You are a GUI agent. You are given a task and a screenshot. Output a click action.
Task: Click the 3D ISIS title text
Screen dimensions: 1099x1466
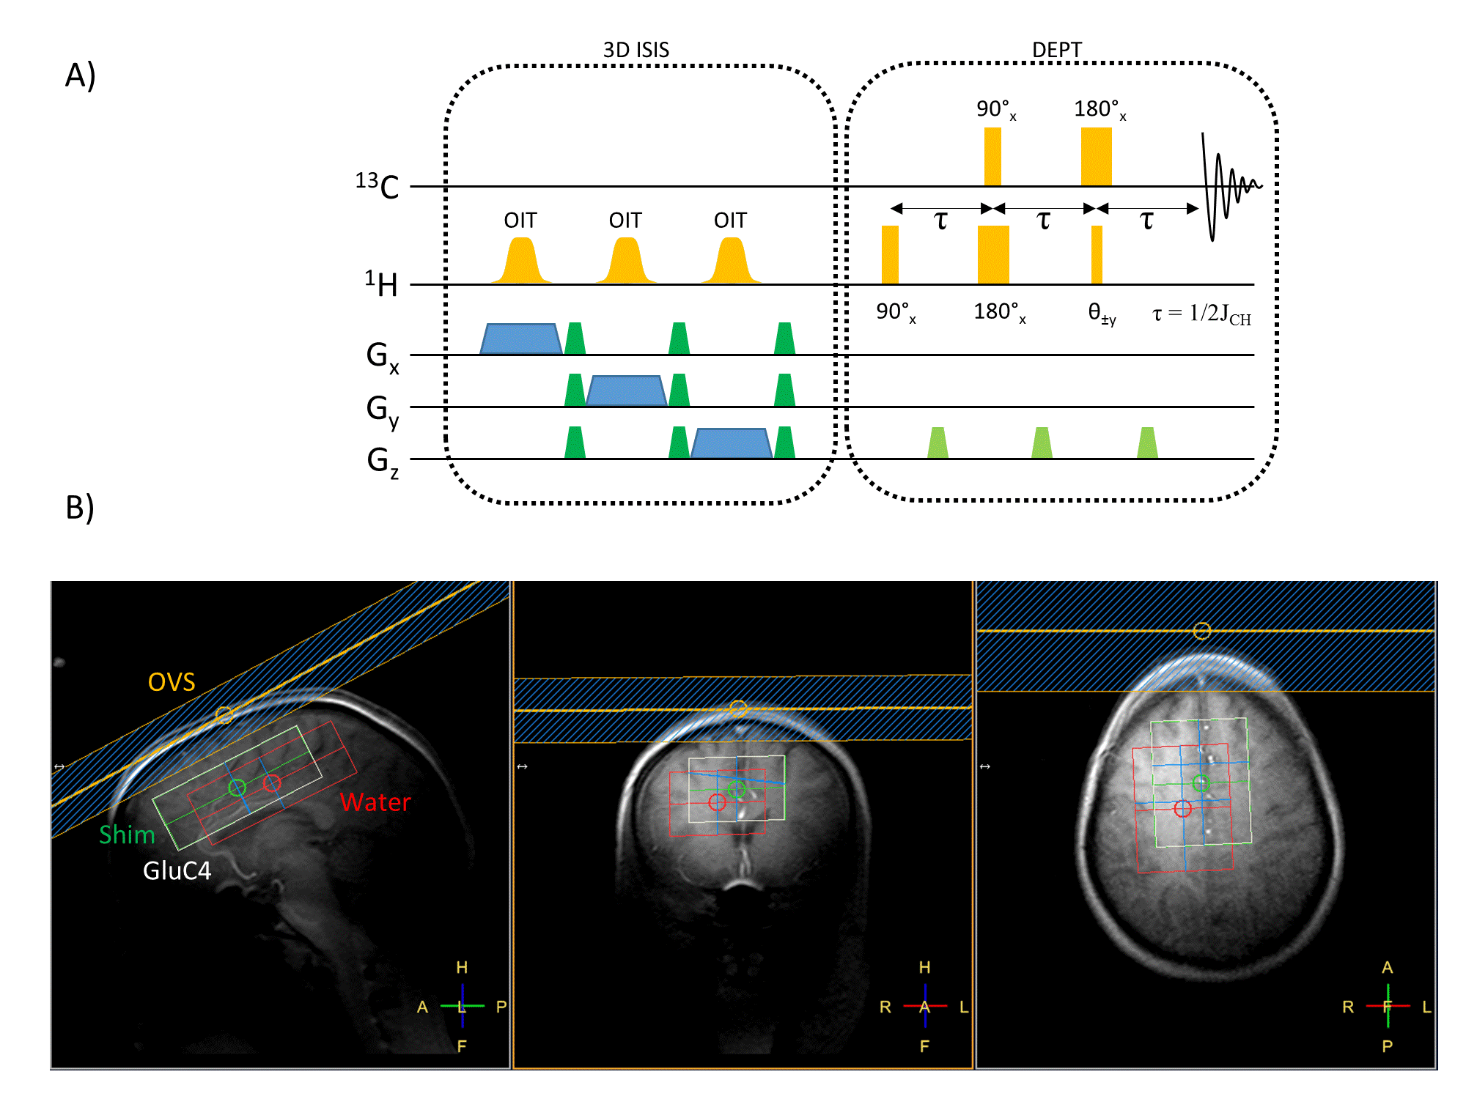(x=636, y=50)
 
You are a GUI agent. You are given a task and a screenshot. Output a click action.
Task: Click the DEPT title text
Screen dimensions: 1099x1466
(x=1056, y=50)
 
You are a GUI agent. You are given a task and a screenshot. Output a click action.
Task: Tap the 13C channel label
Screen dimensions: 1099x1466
(x=377, y=186)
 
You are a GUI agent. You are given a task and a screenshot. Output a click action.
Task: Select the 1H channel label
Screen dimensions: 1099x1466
(x=382, y=284)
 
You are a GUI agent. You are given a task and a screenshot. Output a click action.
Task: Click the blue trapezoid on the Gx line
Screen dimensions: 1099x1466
(x=520, y=339)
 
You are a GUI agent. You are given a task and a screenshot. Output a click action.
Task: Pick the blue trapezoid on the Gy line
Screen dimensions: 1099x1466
(x=626, y=391)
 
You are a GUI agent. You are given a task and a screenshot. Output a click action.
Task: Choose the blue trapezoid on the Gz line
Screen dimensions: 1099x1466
(x=731, y=443)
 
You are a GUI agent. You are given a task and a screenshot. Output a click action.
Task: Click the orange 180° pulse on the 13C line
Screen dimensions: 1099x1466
(x=1096, y=157)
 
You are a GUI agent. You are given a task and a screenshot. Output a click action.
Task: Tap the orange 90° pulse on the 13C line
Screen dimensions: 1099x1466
(x=992, y=157)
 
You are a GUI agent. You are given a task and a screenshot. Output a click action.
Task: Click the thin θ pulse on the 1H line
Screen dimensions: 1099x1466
(x=1097, y=254)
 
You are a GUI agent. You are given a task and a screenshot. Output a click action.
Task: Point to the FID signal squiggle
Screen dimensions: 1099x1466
(x=1228, y=187)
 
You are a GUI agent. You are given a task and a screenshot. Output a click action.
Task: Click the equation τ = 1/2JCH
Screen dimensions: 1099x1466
(x=1201, y=314)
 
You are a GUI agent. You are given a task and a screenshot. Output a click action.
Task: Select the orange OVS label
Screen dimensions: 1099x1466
(x=172, y=682)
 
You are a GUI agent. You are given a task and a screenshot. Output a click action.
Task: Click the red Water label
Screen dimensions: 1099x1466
(x=375, y=802)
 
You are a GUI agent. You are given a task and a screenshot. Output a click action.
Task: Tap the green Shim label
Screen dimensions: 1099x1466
(x=127, y=835)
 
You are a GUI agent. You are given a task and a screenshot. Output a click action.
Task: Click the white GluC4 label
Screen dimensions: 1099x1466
(x=177, y=870)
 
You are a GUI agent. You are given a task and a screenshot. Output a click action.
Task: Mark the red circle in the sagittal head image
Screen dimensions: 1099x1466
(x=272, y=783)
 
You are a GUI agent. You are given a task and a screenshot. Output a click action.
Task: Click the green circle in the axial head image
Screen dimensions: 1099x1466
(x=1201, y=783)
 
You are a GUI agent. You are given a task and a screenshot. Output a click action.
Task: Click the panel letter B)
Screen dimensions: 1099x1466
(x=80, y=507)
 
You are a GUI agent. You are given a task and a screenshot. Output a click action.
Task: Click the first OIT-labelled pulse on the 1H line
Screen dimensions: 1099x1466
(x=520, y=262)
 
